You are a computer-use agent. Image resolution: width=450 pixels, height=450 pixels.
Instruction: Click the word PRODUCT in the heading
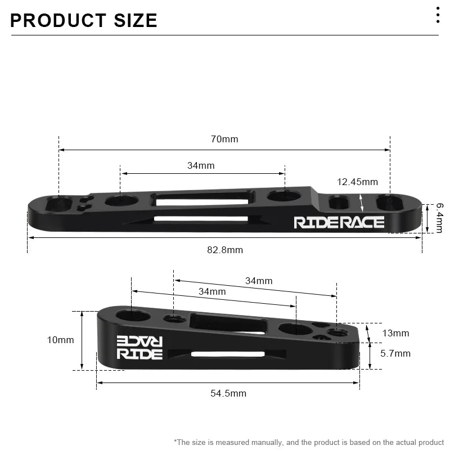pos(58,21)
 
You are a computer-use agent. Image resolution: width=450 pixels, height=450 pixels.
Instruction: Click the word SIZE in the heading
pos(136,21)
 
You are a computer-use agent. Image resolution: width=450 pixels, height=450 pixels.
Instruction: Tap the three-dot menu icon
pos(438,15)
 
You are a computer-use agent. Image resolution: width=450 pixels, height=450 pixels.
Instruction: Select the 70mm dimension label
pos(224,139)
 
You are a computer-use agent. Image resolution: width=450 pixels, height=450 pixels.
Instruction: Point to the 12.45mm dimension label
pos(357,182)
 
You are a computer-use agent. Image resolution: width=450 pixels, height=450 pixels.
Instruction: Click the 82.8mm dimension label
pos(225,250)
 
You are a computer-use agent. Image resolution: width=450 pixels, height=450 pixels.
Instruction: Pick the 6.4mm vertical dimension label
pos(440,218)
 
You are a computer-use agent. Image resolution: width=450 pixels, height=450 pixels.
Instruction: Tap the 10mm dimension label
pos(61,340)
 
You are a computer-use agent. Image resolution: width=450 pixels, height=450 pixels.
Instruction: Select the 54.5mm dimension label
pos(228,393)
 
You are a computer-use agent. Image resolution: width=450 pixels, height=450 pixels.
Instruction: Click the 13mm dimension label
pos(395,334)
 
